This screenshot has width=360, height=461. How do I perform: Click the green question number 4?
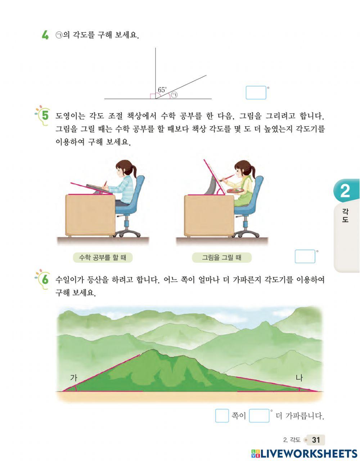pos(45,35)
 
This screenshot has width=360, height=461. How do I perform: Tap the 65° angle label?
pos(162,90)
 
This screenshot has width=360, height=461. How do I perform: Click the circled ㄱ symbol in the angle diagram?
pos(174,95)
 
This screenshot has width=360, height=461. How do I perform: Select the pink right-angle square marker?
pos(153,96)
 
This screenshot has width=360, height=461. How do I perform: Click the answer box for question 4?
pos(256,93)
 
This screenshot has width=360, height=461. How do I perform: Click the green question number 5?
pos(45,116)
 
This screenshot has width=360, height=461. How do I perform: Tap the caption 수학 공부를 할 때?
pos(102,257)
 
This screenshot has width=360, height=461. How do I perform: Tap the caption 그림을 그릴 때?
pos(221,257)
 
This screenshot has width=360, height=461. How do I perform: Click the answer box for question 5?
pos(305,256)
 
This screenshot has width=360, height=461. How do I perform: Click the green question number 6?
pos(45,279)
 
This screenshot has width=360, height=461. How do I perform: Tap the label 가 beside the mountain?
pos(73,377)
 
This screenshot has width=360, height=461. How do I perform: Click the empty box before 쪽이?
pos(222,416)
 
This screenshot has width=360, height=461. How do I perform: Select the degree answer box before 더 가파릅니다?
pos(259,416)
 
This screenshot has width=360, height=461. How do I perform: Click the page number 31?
pos(316,440)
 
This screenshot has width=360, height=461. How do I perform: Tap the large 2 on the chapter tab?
pos(345,191)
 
